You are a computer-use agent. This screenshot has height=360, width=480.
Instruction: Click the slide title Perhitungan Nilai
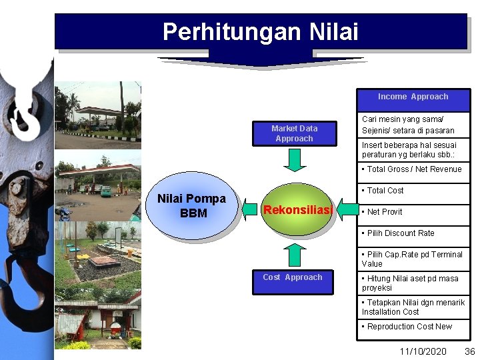point(261,31)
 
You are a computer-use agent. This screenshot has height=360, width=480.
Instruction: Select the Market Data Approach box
point(294,133)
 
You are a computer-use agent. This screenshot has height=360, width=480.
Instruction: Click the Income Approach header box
point(413,97)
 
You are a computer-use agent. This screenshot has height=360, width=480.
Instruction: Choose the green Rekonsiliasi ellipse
point(297,210)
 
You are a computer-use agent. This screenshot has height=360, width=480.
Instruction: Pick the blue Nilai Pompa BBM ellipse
point(191,205)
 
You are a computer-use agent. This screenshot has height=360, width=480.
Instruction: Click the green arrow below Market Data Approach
point(294,160)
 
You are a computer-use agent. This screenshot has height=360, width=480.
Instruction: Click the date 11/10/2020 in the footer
point(423,351)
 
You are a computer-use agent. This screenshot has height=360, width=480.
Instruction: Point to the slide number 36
point(469,351)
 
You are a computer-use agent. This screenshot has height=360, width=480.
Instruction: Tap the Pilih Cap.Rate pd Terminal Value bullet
point(412,259)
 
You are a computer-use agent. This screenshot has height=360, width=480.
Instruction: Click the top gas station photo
point(98,115)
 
